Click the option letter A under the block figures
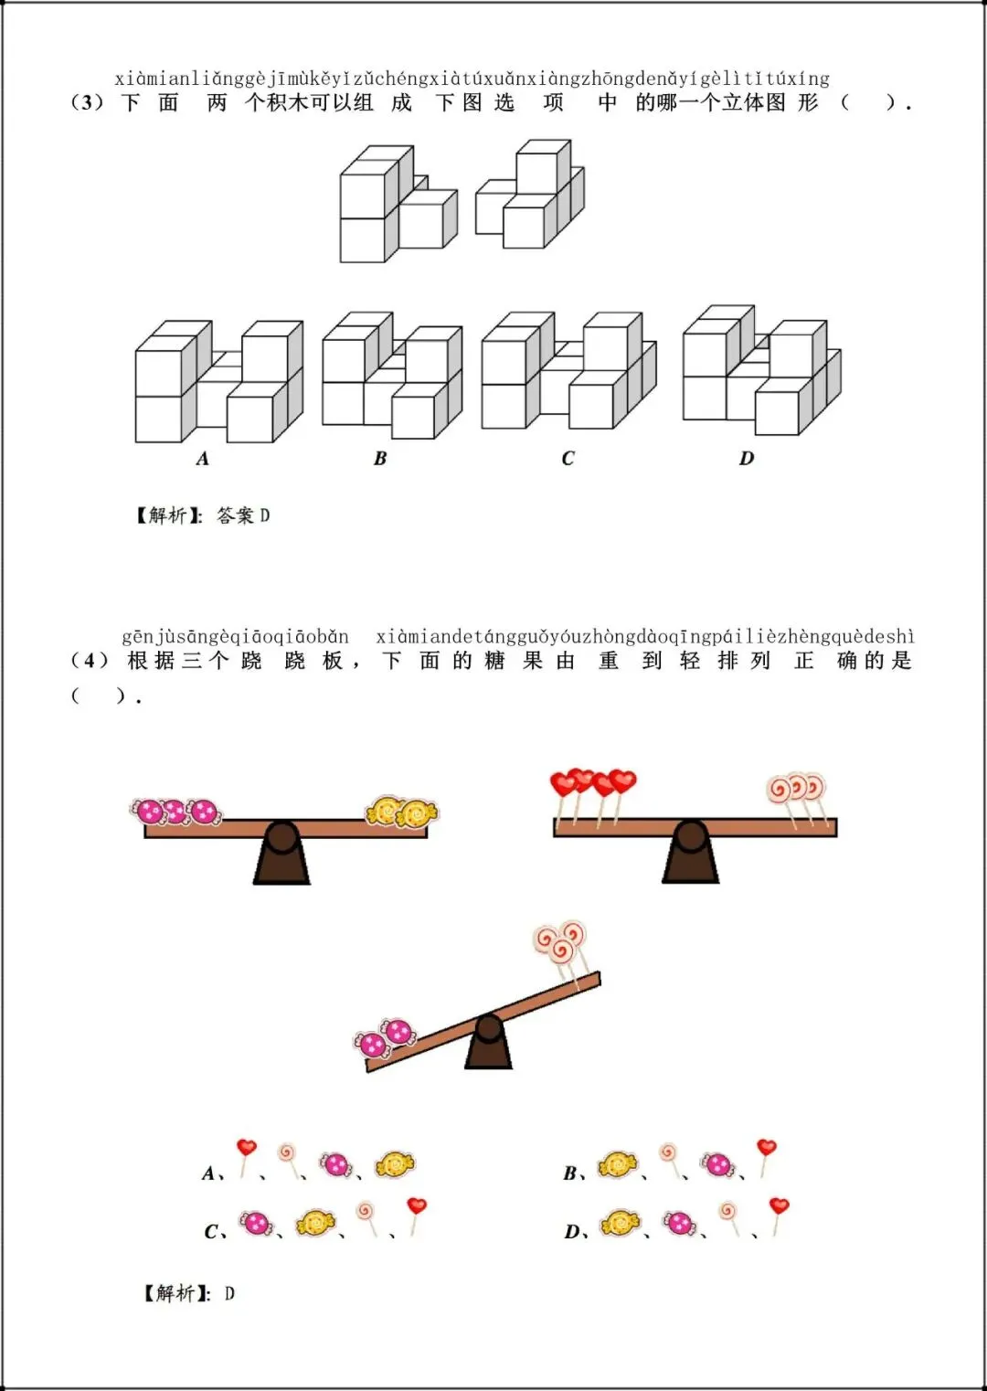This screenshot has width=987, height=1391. tap(203, 459)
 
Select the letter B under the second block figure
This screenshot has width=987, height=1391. tap(380, 459)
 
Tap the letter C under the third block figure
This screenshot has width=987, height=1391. tap(568, 459)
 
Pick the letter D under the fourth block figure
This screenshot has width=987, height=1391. tap(747, 459)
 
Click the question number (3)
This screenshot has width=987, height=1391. tap(88, 102)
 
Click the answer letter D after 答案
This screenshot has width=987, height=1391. tap(265, 515)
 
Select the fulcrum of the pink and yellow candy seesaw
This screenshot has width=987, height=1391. tap(281, 853)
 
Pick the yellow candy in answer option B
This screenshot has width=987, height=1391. tap(618, 1164)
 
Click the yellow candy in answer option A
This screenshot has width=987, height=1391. tap(395, 1164)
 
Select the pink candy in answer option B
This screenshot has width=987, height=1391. tap(717, 1164)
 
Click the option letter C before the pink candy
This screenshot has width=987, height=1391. tap(211, 1231)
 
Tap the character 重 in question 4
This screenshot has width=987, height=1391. tap(608, 660)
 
